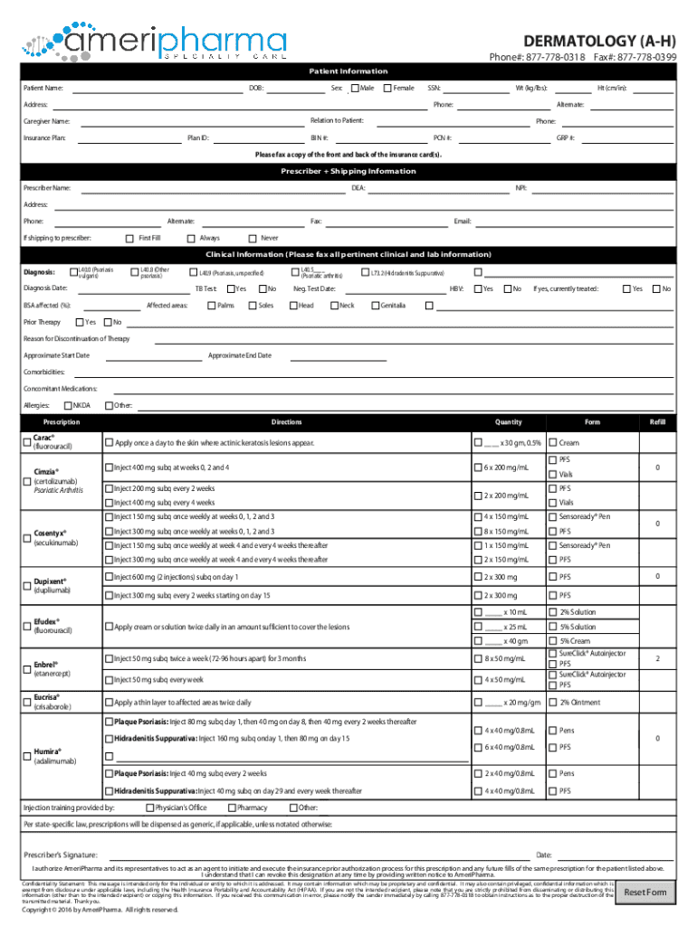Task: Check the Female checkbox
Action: pyautogui.click(x=387, y=88)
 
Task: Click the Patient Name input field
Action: pyautogui.click(x=154, y=89)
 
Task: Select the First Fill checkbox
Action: pyautogui.click(x=129, y=238)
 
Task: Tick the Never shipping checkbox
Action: pyautogui.click(x=253, y=238)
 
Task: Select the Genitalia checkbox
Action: pyautogui.click(x=375, y=306)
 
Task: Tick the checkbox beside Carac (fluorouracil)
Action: pyautogui.click(x=26, y=442)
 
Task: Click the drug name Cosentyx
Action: pyautogui.click(x=49, y=534)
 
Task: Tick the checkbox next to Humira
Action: pyautogui.click(x=26, y=757)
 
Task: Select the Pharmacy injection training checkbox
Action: pyautogui.click(x=232, y=808)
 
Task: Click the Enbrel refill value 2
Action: pyautogui.click(x=657, y=658)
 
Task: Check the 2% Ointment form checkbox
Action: pyautogui.click(x=551, y=703)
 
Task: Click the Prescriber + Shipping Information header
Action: pyautogui.click(x=348, y=171)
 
